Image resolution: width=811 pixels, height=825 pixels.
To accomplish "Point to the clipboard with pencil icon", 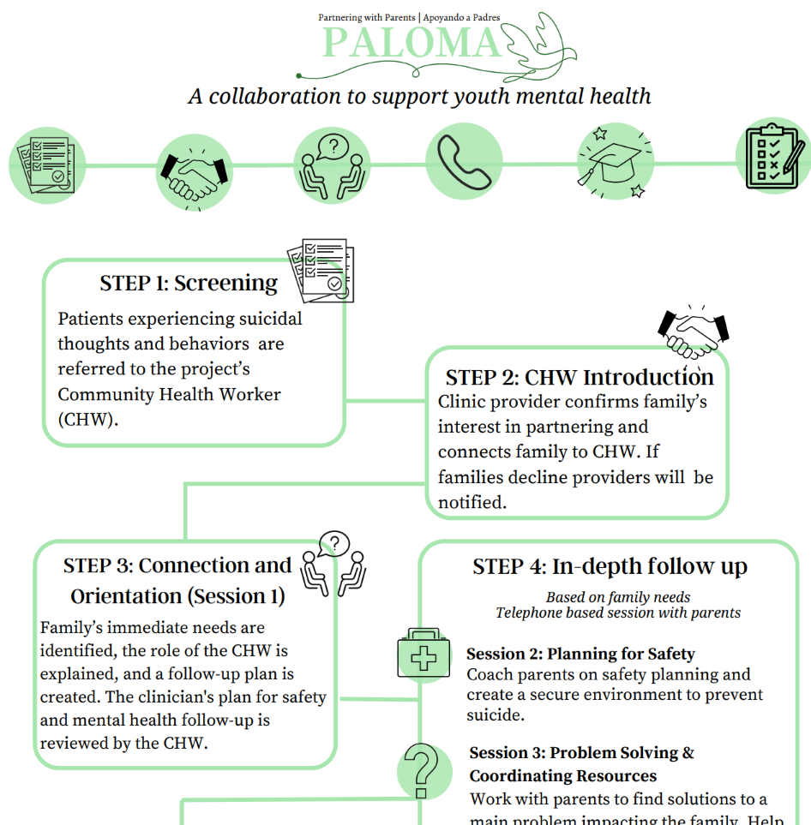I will click(773, 155).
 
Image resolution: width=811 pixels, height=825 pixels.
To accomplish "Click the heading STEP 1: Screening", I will click(189, 283).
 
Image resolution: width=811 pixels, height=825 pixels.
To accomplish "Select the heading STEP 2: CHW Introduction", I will click(579, 377).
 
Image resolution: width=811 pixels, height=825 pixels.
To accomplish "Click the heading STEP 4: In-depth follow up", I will click(610, 566).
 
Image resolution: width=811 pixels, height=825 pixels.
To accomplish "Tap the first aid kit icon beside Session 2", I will click(424, 657).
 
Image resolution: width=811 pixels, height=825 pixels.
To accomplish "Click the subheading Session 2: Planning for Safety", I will click(580, 655).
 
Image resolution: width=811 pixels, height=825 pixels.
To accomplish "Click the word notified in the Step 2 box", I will click(472, 503).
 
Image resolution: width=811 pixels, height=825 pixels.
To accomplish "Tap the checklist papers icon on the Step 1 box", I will click(321, 269).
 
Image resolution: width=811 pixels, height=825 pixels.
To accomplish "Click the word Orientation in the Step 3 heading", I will click(126, 596).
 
